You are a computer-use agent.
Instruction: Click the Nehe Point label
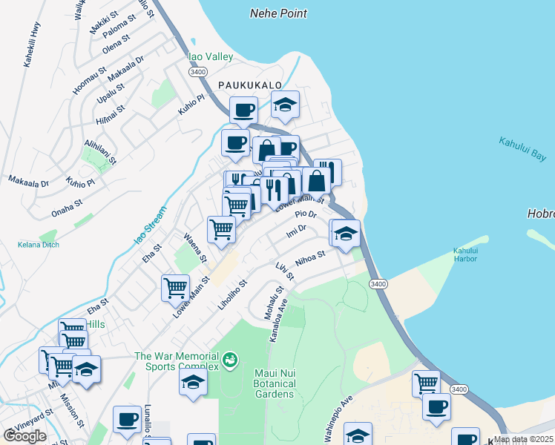tap(278, 13)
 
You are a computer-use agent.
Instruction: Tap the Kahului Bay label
tap(522, 149)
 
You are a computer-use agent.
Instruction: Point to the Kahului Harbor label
tap(470, 254)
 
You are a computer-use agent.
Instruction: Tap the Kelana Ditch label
tap(38, 244)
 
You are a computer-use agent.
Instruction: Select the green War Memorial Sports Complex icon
tap(230, 360)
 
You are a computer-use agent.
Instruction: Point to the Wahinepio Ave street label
tap(338, 420)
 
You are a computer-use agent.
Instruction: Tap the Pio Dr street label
tap(306, 214)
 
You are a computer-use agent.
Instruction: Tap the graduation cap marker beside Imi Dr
tap(345, 234)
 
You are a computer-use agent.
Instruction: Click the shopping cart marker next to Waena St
tap(221, 230)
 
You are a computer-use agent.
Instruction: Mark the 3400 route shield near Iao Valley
tap(197, 72)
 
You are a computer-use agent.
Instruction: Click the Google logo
tap(24, 435)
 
